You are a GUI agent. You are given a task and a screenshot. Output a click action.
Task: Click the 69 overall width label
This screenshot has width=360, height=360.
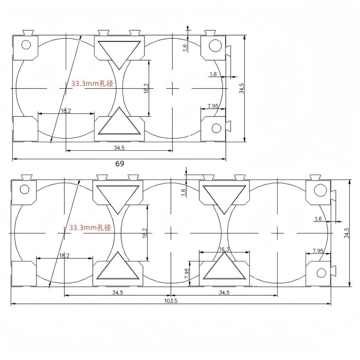[120, 164]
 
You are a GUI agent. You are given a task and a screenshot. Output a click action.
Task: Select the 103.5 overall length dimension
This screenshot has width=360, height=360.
[171, 301]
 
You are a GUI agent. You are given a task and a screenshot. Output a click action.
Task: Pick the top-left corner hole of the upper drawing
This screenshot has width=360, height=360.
[26, 45]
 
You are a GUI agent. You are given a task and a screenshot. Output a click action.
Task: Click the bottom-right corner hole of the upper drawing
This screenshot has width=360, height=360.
[217, 128]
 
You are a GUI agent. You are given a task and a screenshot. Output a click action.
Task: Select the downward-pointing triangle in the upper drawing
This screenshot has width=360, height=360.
[119, 55]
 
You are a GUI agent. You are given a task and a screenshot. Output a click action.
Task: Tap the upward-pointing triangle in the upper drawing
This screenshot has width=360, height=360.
[119, 121]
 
